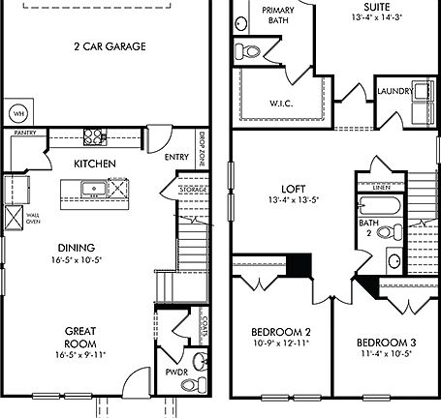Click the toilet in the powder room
tap(199, 363)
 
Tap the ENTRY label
tap(176, 158)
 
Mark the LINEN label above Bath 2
tap(383, 190)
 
